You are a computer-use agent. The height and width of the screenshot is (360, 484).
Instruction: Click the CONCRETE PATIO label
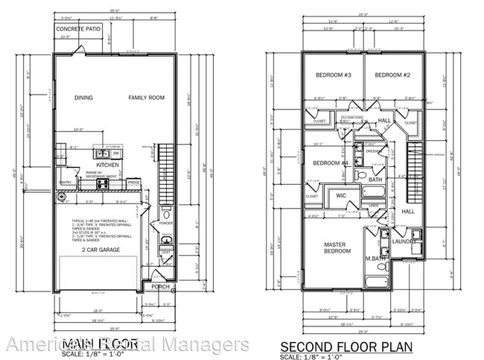coord(79,30)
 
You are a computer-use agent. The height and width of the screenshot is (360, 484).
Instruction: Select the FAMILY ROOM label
coord(145,98)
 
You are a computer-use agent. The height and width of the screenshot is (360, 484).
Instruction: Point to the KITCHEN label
coord(107,164)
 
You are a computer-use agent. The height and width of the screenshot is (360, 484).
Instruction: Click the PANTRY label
coord(65,181)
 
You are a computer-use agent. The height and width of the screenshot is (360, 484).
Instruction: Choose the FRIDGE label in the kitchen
coord(133,182)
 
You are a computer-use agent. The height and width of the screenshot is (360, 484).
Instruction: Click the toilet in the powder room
coord(166,239)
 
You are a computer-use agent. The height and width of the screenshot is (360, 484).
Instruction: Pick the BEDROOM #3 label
coord(333,76)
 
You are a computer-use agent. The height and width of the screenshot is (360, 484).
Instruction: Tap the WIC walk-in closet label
coord(340,196)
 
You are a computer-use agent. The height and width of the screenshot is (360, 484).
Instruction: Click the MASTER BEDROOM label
coord(337,247)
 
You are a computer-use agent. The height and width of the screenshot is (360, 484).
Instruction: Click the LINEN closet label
coord(373,206)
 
